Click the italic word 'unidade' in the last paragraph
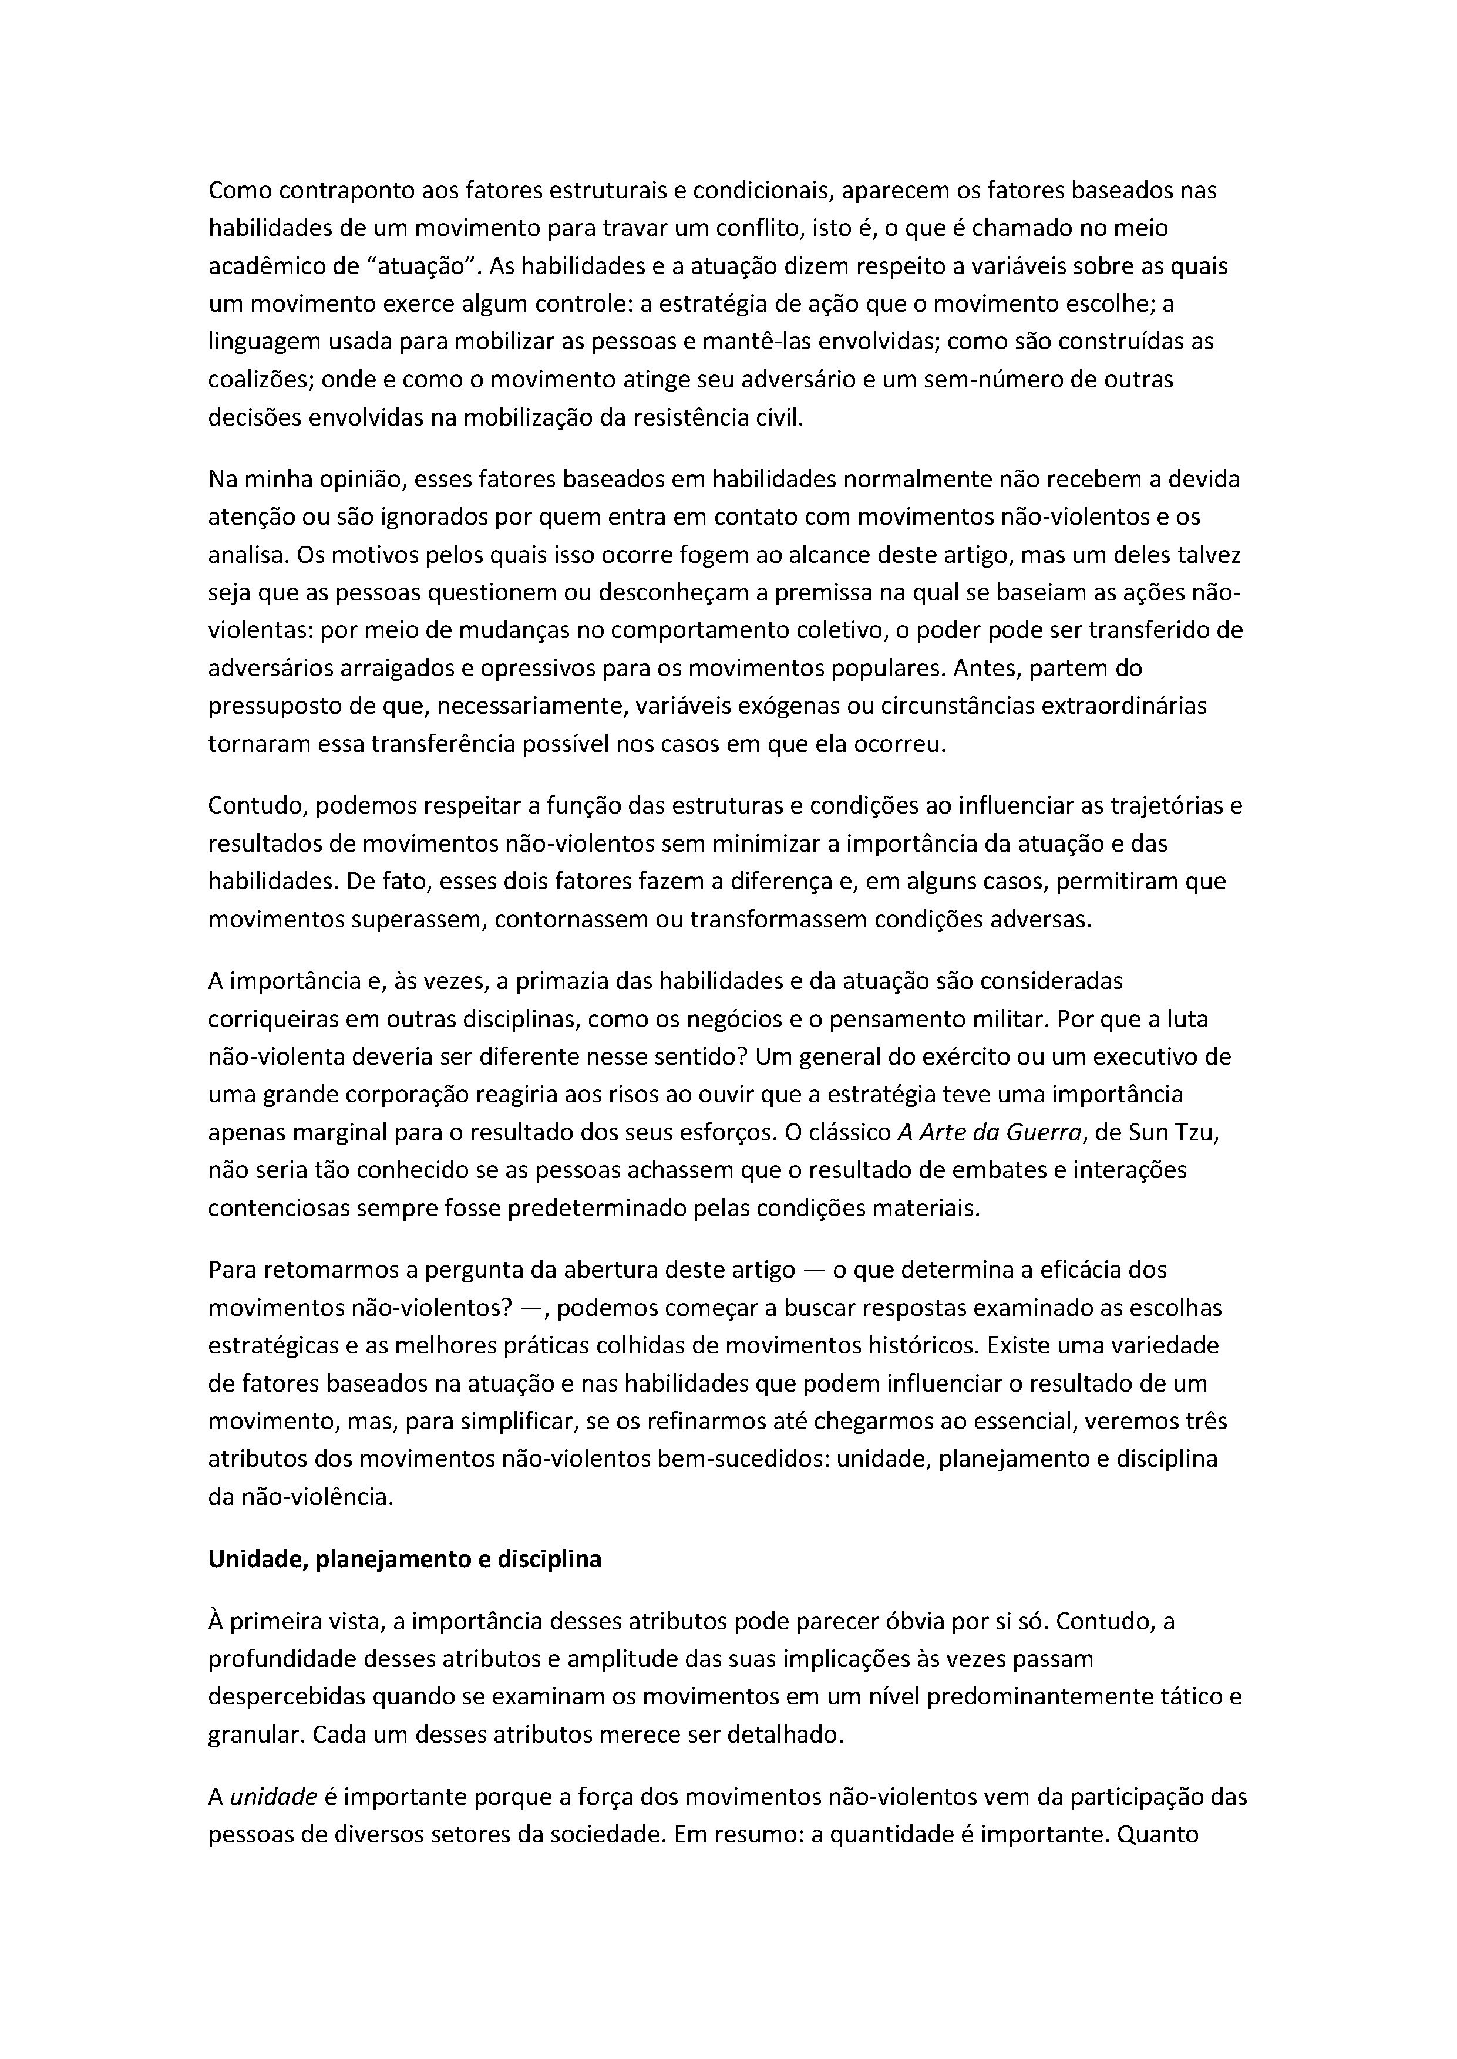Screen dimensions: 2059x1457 tap(274, 1797)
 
